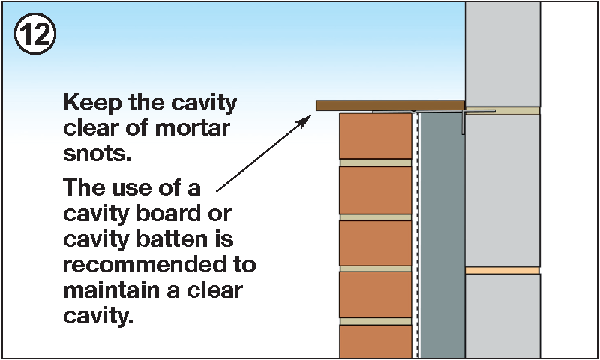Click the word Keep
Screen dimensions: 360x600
(87, 102)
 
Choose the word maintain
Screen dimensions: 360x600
(108, 290)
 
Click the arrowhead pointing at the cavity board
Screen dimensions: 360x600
(307, 120)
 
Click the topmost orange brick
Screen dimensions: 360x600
(375, 135)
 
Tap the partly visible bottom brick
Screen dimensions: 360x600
(375, 342)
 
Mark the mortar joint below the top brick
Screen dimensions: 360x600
(375, 163)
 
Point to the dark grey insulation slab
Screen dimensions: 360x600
(442, 232)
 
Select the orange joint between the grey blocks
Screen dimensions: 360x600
(502, 270)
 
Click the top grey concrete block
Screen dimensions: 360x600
(502, 52)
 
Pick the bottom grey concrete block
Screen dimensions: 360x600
(502, 315)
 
